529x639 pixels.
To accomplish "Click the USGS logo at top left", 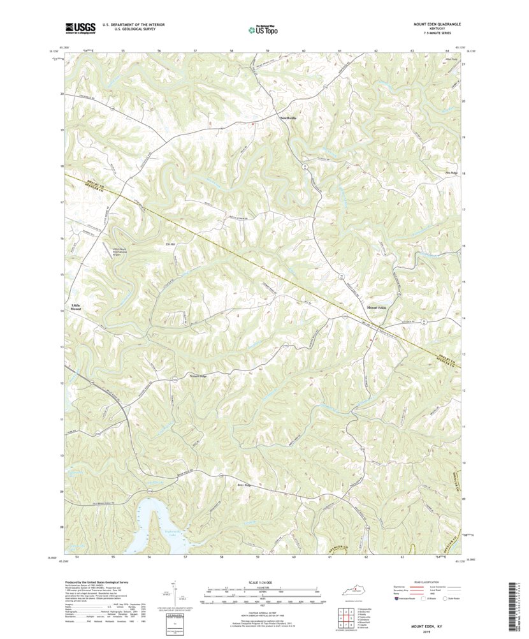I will click(80, 27).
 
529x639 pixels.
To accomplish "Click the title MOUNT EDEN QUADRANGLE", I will click(436, 24).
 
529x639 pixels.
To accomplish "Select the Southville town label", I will click(289, 118).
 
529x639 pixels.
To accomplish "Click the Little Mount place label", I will click(76, 306).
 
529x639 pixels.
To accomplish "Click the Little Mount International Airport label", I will click(124, 252).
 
